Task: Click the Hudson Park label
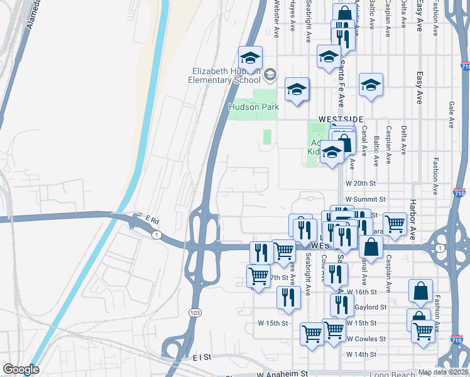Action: click(254, 107)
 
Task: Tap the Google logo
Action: click(20, 369)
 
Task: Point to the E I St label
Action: click(201, 357)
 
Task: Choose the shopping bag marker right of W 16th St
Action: click(420, 291)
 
